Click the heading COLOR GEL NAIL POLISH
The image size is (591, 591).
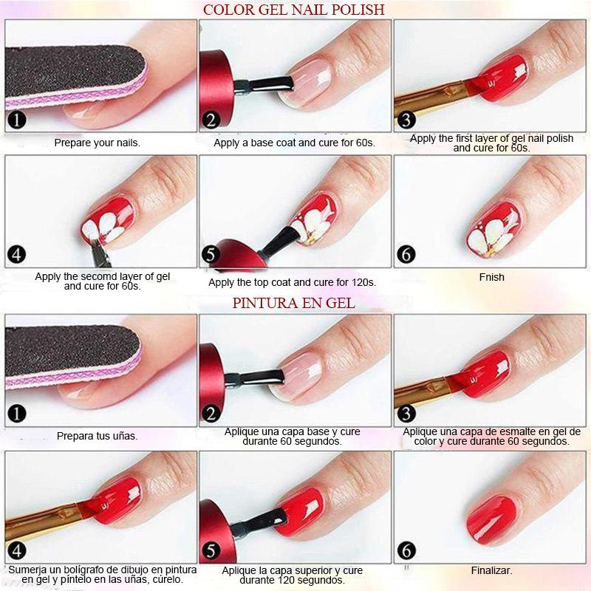tap(293, 10)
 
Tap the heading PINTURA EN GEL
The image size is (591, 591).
tap(293, 303)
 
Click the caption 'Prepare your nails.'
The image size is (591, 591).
tap(98, 143)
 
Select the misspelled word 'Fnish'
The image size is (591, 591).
tap(491, 277)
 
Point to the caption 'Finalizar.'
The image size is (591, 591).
tap(491, 570)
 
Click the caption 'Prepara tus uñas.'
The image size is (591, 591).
tap(98, 436)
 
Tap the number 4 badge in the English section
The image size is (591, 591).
tap(16, 254)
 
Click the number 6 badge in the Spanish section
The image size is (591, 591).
tap(406, 551)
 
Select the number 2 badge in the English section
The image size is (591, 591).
tap(211, 120)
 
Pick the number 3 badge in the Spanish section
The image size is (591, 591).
tap(406, 414)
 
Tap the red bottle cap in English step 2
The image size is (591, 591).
tap(216, 89)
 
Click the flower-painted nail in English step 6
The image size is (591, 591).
tap(493, 230)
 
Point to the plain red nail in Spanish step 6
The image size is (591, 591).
tap(493, 519)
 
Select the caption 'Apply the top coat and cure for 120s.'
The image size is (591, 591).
tap(292, 283)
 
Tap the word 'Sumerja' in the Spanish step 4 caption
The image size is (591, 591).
tap(27, 570)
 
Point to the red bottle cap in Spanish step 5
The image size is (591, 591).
tap(216, 532)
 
